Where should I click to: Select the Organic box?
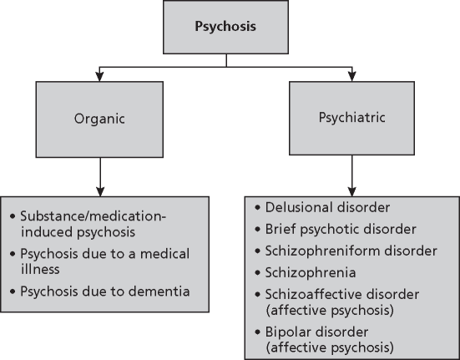pos(99,118)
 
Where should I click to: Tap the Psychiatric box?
pos(351,118)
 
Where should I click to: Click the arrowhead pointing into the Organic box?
pos(99,79)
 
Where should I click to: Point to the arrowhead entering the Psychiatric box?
pos(351,79)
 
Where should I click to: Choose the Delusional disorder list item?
pos(315,206)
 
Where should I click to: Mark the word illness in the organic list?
pos(46,269)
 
